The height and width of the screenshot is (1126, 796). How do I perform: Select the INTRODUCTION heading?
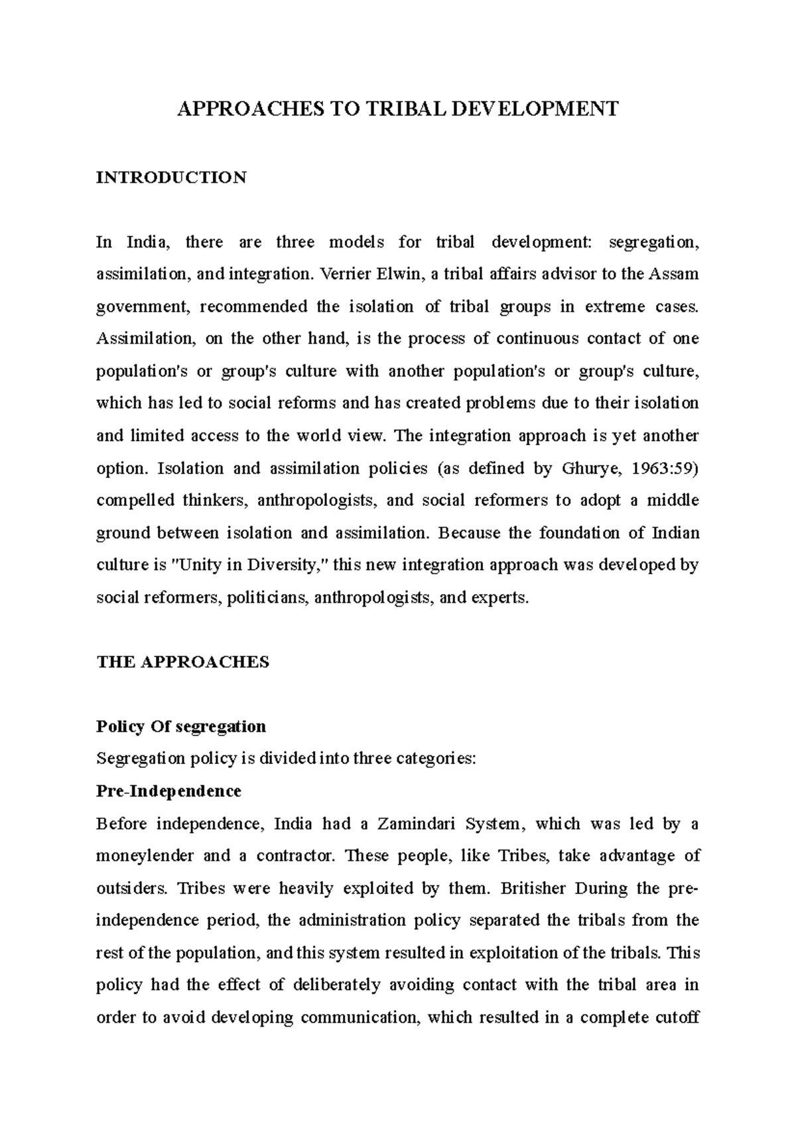pos(171,178)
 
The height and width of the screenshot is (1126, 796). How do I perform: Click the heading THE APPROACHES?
pos(182,662)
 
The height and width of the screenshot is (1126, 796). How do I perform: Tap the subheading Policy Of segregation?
pos(180,727)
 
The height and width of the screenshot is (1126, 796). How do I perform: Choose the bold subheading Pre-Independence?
pos(168,791)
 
